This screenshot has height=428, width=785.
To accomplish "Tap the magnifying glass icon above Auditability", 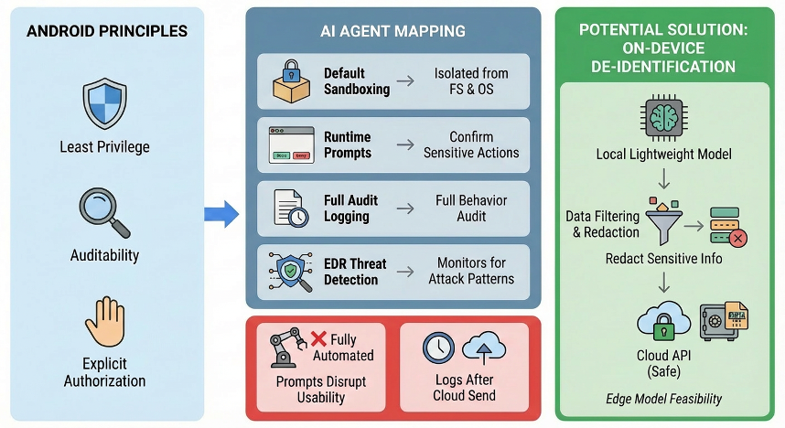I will tap(104, 210).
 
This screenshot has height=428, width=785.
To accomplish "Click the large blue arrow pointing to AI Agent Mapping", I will tap(220, 215).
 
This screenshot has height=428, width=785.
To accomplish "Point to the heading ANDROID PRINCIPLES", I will tap(107, 31).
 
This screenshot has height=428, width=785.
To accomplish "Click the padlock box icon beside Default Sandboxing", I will tap(291, 80).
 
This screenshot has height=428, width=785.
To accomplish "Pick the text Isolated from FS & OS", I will tap(471, 80).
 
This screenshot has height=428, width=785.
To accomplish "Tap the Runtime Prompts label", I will tap(348, 144).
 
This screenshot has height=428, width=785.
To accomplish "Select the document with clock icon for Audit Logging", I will tap(291, 208).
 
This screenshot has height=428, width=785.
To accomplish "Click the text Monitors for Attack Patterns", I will tap(471, 271).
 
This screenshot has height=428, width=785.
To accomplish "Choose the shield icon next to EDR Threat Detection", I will tap(291, 271).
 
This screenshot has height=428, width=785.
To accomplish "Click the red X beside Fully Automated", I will tap(319, 339).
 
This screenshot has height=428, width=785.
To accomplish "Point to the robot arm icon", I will tap(285, 348).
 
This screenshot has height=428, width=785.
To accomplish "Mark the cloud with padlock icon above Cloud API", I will tap(658, 326).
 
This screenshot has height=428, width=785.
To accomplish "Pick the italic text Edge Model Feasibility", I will tap(663, 399).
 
